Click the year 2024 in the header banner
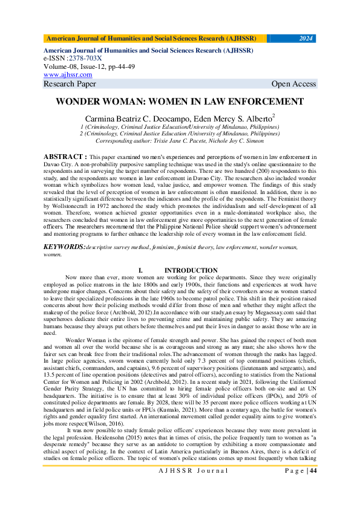tap(306, 38)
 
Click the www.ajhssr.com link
tap(68, 74)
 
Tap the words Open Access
tap(293, 84)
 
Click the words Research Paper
tap(70, 84)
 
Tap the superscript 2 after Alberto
tap(273, 115)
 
